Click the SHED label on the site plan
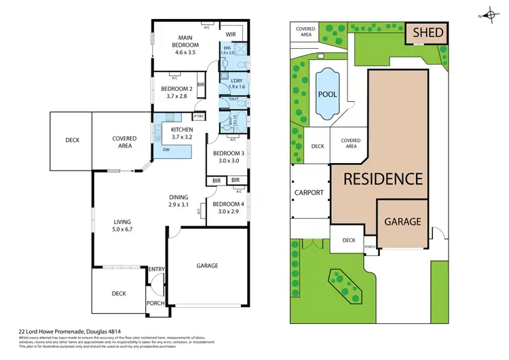tap(428, 33)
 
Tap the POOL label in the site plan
tap(328, 94)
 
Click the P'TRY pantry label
tap(199, 116)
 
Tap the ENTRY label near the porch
tap(156, 270)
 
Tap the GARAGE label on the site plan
tap(403, 221)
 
